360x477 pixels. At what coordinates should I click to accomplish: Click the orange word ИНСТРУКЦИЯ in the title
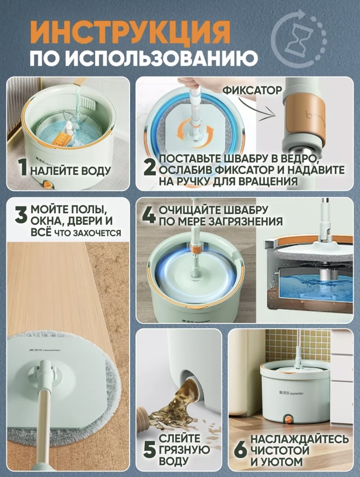(x=130, y=33)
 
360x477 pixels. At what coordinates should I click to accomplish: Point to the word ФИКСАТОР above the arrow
(x=252, y=90)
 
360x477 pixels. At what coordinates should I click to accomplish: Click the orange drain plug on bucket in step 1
(x=48, y=185)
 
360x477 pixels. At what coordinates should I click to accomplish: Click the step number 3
(x=21, y=216)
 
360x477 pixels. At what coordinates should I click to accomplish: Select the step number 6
(x=241, y=449)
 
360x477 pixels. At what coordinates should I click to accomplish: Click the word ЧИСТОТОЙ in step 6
(x=280, y=450)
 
